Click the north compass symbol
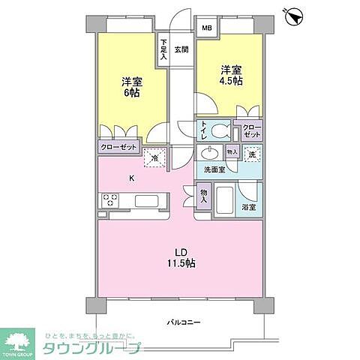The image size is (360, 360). [294, 14]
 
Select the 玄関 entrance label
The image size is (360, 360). [181, 50]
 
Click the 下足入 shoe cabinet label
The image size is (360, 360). [163, 48]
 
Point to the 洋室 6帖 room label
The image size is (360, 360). [132, 86]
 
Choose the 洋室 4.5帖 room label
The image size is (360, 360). [231, 76]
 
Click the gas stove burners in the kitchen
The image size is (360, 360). [111, 200]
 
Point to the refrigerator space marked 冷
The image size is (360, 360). [156, 157]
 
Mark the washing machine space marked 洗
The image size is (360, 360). [253, 154]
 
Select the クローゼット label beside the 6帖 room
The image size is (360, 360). [118, 148]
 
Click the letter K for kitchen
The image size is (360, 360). [132, 178]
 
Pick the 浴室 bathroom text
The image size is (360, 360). [249, 207]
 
